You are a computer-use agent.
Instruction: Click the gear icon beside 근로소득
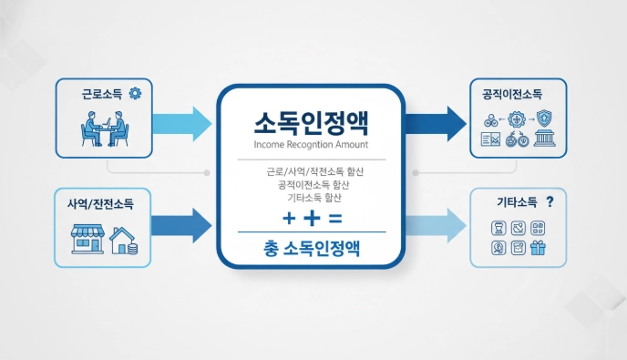click(x=136, y=92)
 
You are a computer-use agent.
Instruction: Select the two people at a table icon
click(x=106, y=129)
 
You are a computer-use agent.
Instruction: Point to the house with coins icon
click(x=124, y=241)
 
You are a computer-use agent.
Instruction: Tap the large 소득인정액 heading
click(x=311, y=123)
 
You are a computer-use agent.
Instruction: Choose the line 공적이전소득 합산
click(x=310, y=185)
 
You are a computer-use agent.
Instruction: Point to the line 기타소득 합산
click(x=310, y=198)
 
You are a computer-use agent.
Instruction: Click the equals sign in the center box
click(x=334, y=219)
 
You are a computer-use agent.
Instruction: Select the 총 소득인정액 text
click(x=311, y=248)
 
